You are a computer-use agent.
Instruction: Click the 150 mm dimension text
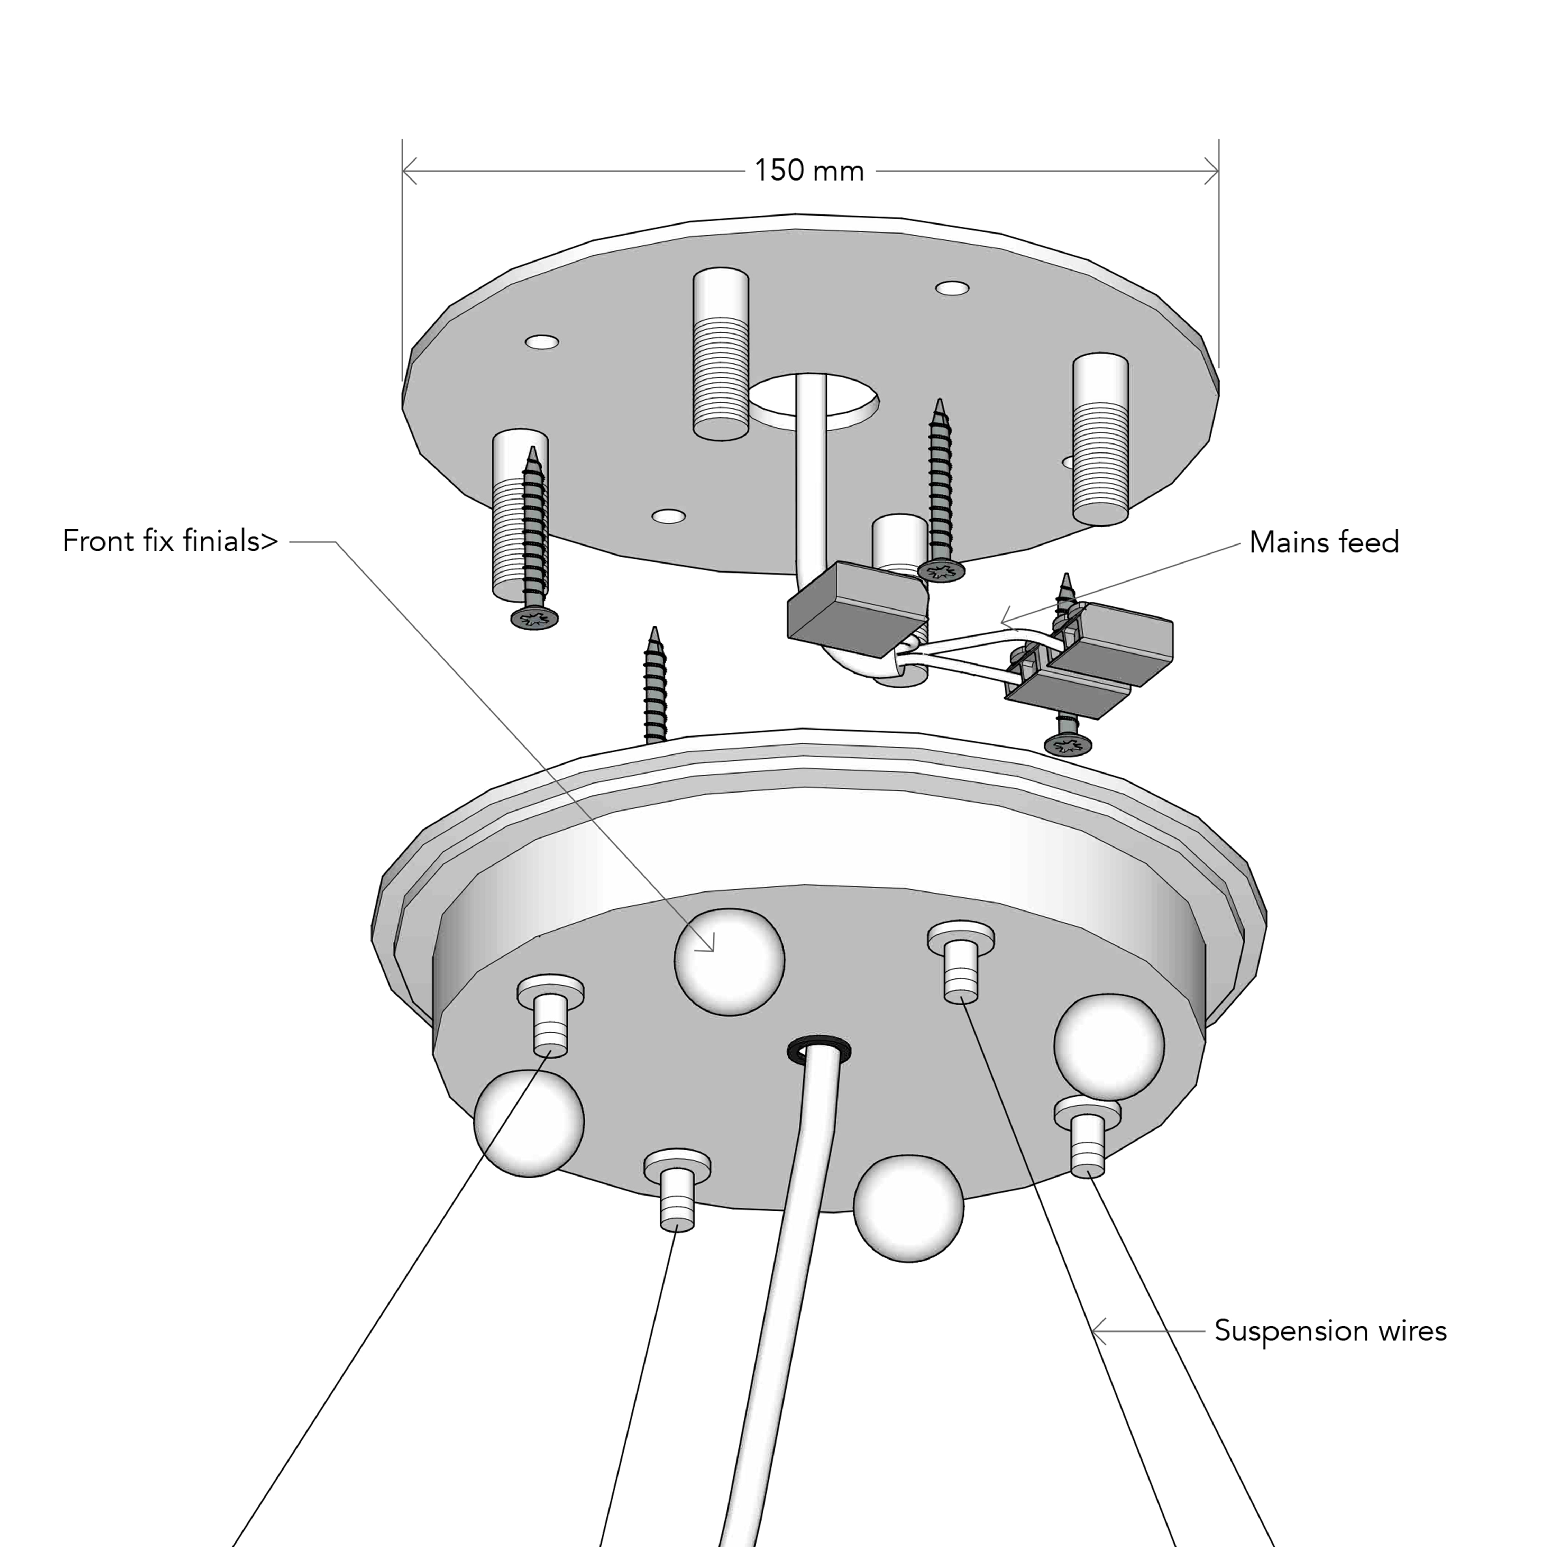809,171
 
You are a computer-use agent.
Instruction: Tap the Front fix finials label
170,541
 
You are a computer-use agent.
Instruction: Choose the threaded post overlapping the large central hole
721,354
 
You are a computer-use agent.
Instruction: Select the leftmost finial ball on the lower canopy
529,1124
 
